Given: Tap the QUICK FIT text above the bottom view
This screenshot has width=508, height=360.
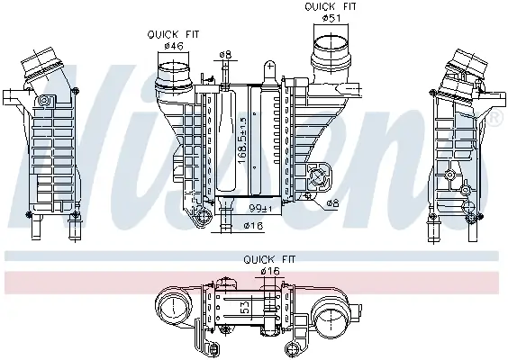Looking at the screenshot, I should pyautogui.click(x=263, y=260).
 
